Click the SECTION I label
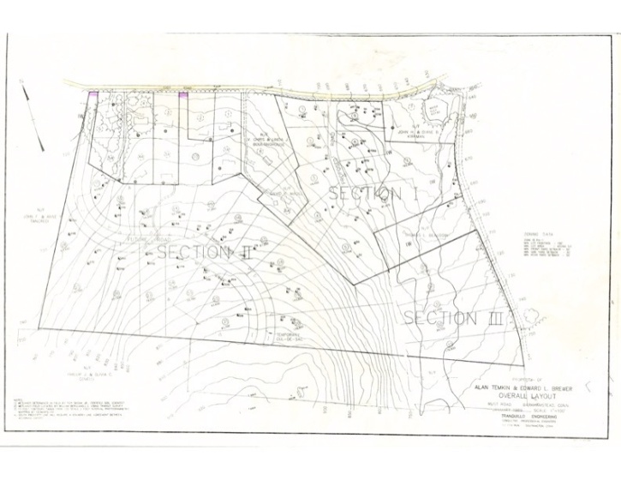coord(372,194)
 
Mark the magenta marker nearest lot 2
coord(182,97)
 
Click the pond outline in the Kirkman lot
coord(436,112)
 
